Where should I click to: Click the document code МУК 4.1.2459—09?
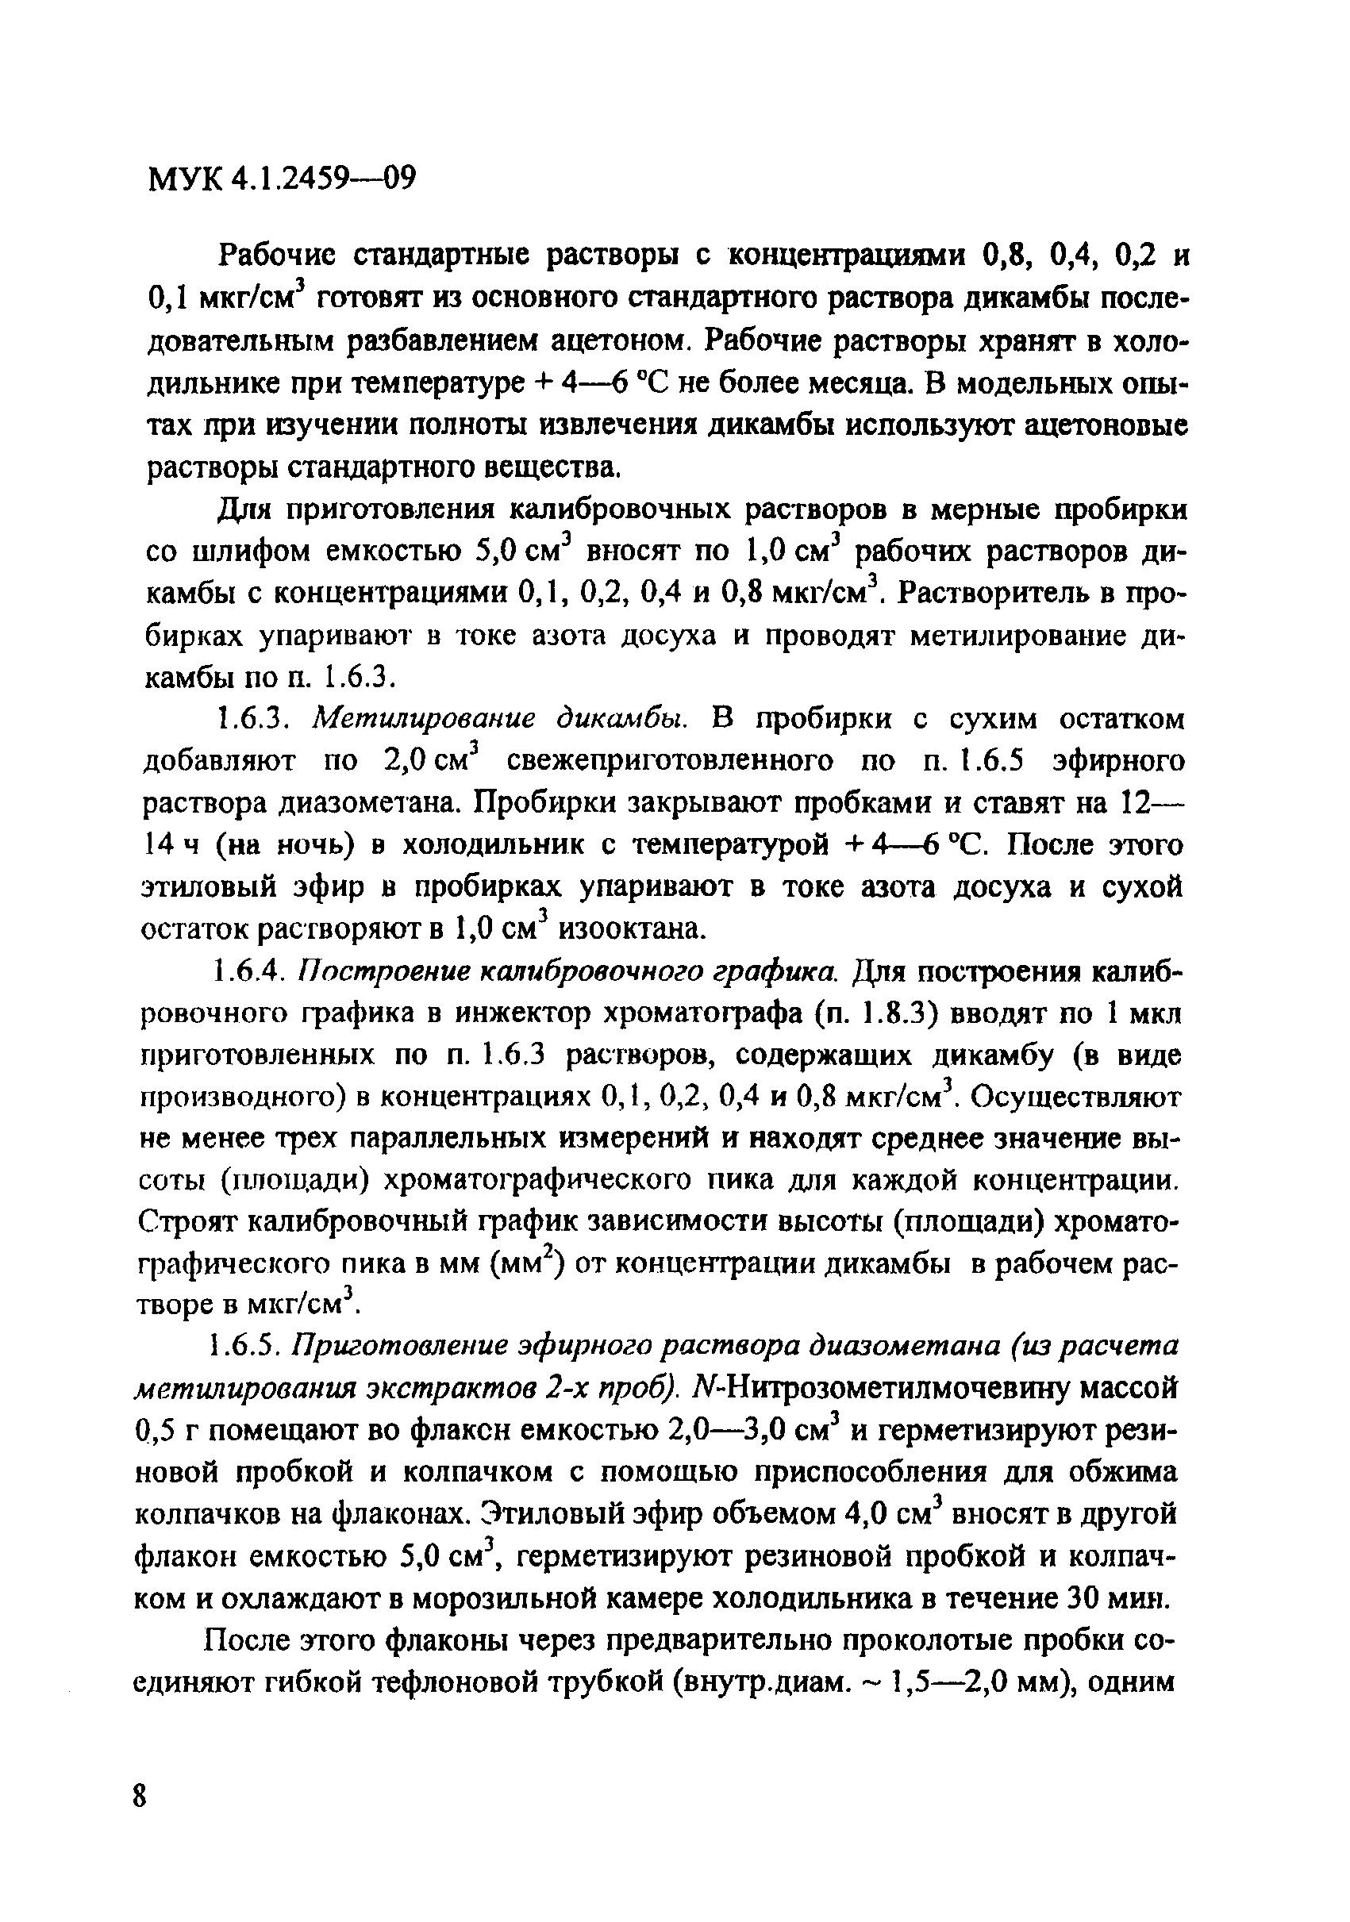pyautogui.click(x=281, y=179)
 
